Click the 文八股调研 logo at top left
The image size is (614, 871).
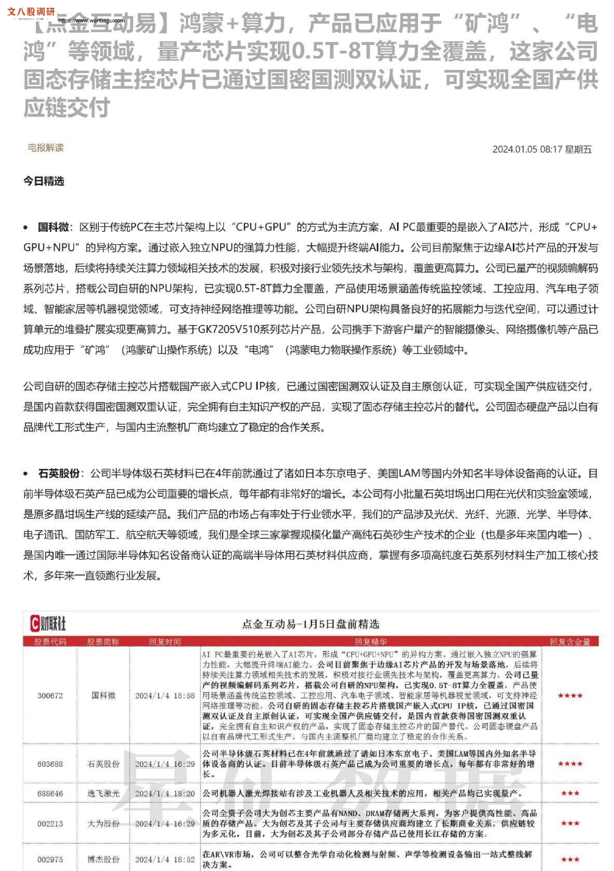[31, 12]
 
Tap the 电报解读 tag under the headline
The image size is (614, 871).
[46, 148]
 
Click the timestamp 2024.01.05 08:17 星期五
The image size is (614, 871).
[542, 149]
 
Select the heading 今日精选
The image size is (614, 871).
[44, 181]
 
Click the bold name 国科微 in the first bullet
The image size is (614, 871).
[53, 227]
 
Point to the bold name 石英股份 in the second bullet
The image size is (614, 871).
[59, 473]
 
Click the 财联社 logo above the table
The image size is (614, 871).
[48, 623]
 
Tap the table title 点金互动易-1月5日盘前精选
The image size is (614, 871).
[310, 624]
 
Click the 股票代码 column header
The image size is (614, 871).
[50, 642]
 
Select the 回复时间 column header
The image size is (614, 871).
[165, 642]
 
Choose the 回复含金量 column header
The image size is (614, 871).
[570, 642]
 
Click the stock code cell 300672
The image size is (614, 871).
[50, 696]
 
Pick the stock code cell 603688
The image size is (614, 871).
[50, 764]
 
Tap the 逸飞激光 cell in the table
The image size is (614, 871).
[103, 794]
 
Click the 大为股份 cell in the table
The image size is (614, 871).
[103, 823]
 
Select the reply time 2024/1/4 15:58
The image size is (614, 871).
[165, 696]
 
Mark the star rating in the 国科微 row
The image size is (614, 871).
[570, 696]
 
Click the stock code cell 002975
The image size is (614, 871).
[50, 859]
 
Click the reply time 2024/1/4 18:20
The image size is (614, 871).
[165, 794]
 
